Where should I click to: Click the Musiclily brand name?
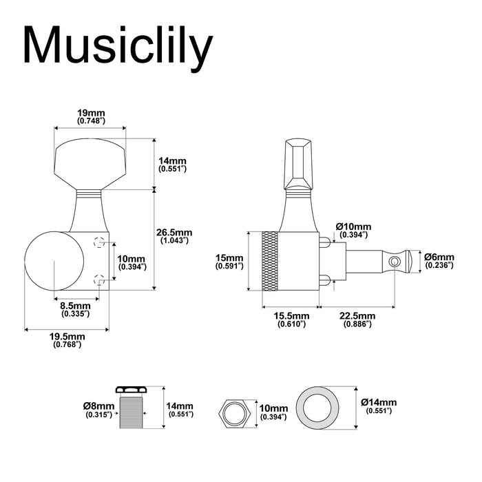pyautogui.click(x=117, y=47)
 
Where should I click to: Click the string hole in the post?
pyautogui.click(x=393, y=262)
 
